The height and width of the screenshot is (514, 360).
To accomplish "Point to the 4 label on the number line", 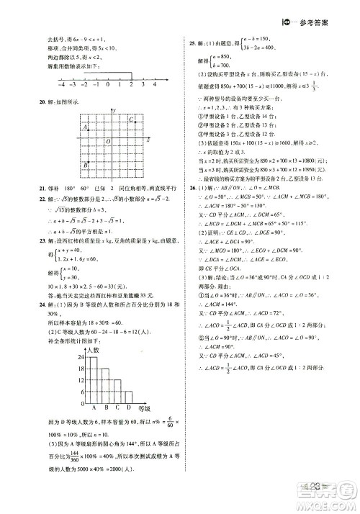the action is [154, 84].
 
